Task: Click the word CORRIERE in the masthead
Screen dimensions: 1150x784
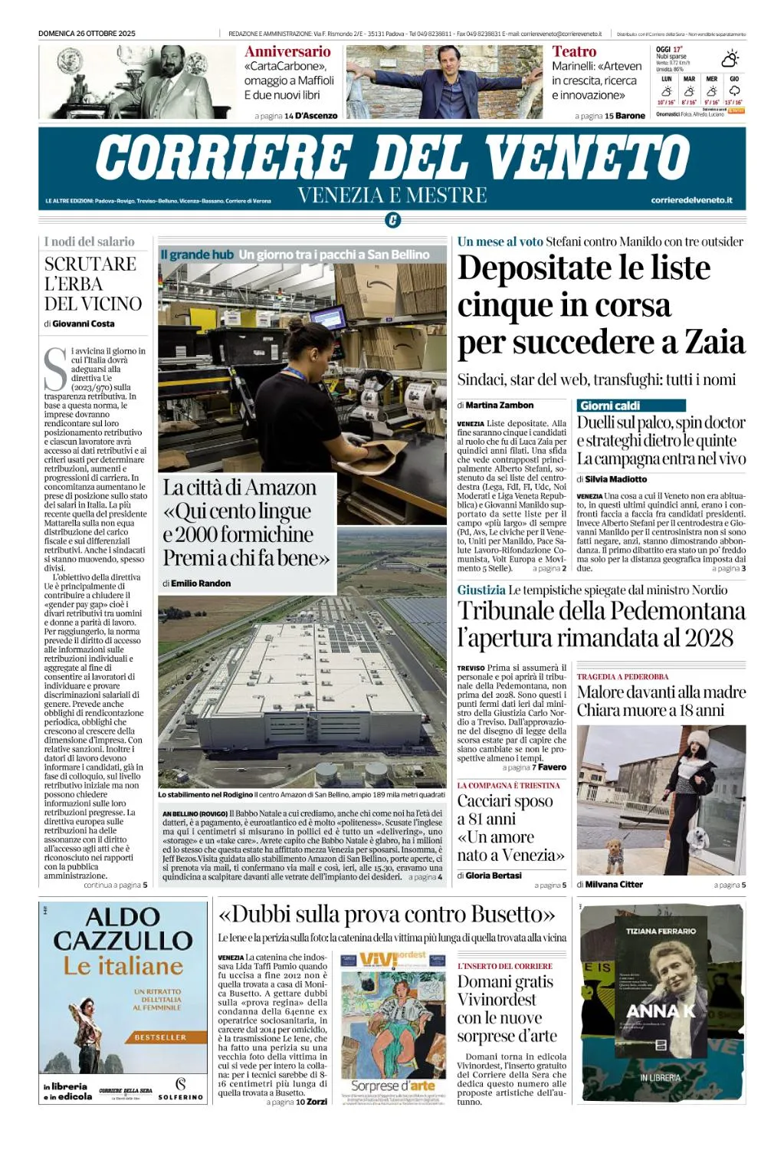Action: pos(223,158)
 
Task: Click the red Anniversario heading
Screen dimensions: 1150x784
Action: pos(287,51)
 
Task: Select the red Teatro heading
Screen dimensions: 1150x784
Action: pos(574,51)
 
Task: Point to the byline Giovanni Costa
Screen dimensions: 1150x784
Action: pos(83,324)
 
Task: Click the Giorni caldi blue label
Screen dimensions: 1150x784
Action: pos(610,406)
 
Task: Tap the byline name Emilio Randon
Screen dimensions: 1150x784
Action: pos(201,583)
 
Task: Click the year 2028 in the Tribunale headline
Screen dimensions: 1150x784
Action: pos(709,637)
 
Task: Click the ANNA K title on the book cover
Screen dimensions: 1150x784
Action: pos(661,1011)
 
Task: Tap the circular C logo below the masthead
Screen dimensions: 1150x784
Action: pos(392,221)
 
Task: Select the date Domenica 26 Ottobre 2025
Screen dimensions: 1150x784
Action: pos(87,34)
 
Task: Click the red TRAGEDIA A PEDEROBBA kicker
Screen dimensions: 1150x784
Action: pos(622,677)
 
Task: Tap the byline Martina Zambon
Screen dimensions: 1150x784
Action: pos(499,405)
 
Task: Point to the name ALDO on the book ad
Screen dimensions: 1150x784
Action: pos(123,917)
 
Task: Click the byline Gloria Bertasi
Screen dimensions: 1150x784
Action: pos(493,876)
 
